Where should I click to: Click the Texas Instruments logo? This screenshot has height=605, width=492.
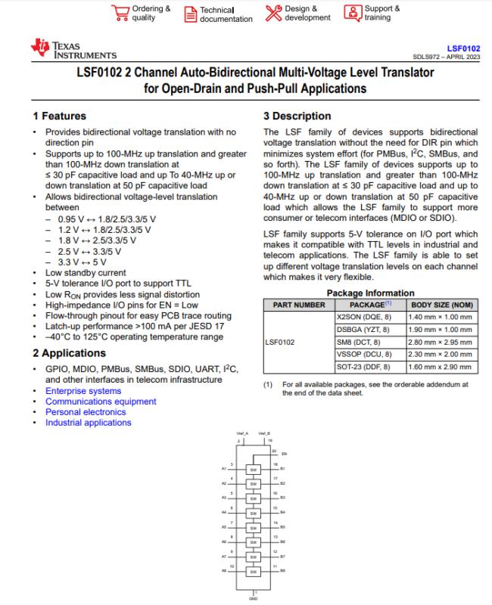point(73,50)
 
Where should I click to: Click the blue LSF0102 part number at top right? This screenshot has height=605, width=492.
point(464,47)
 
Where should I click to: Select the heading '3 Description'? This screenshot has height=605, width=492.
point(297,116)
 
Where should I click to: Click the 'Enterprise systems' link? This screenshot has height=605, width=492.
point(83,391)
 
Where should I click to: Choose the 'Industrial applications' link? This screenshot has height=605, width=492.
point(88,423)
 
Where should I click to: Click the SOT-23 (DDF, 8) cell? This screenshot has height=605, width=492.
point(363,366)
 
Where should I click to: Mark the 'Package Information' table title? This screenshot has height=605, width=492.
point(370,293)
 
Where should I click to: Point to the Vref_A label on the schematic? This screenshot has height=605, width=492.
point(242,433)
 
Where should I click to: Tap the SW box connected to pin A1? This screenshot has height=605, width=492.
point(253,470)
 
